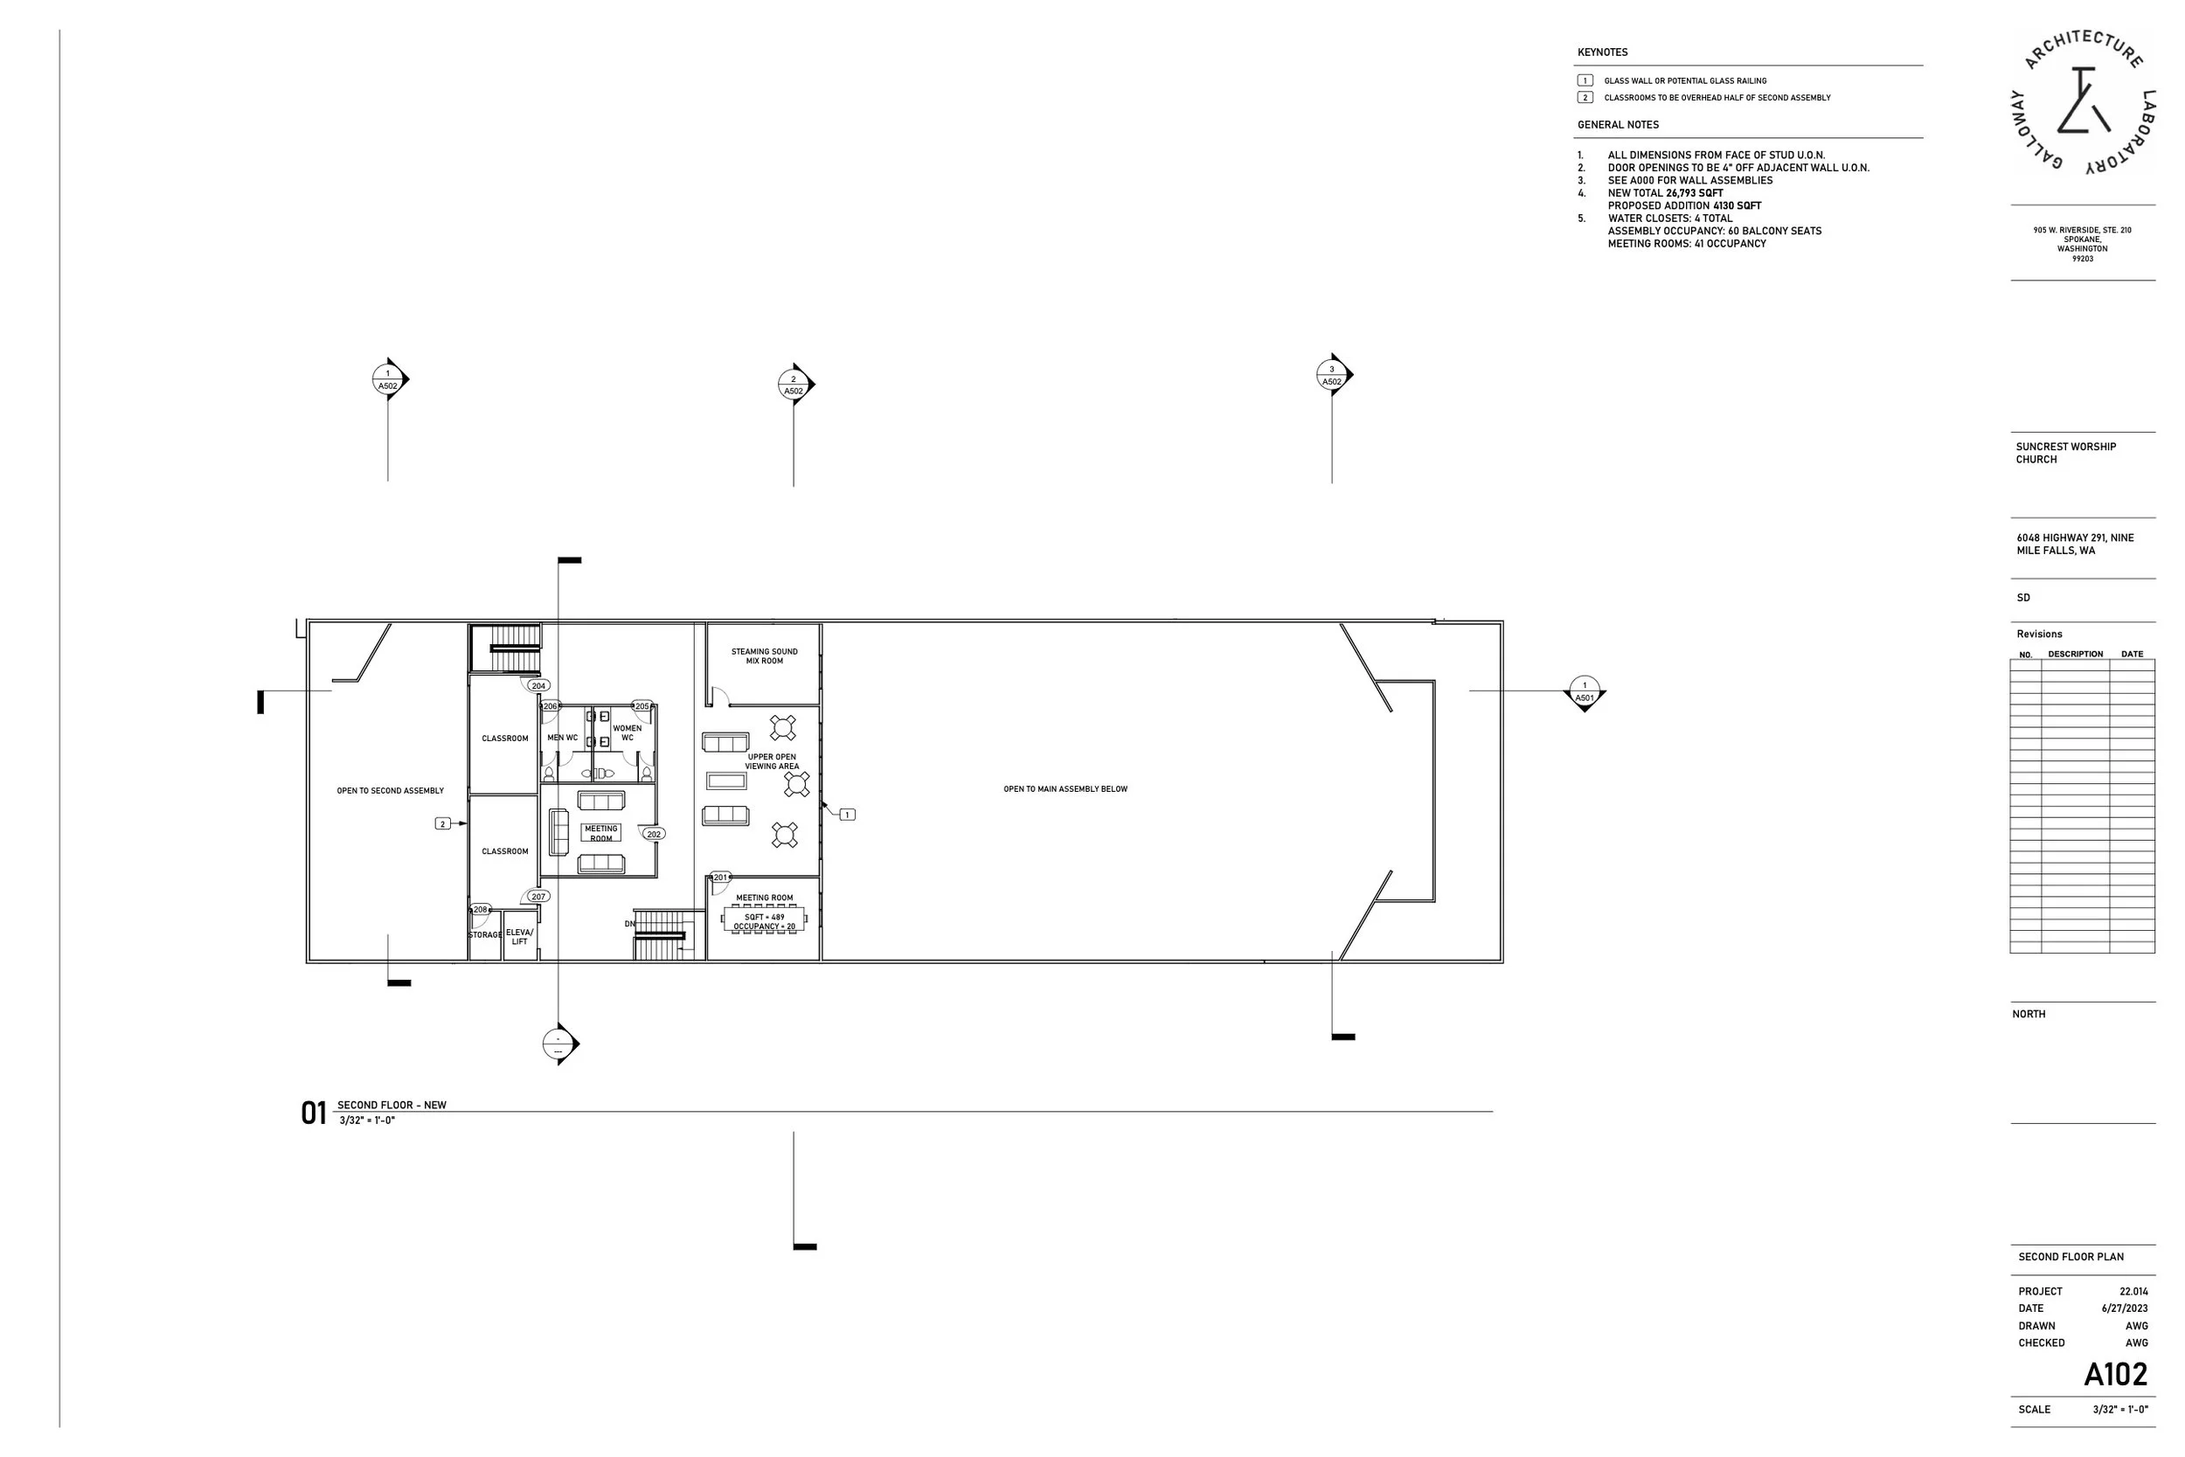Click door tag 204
click(x=538, y=686)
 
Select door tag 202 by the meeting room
click(x=654, y=834)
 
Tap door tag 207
click(x=538, y=897)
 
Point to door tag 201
click(x=721, y=878)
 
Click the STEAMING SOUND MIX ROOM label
click(x=765, y=656)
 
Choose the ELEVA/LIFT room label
click(x=519, y=937)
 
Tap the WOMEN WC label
click(x=627, y=733)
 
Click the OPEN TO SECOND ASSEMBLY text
click(x=390, y=791)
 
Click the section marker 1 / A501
click(x=1585, y=693)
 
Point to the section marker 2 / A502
click(x=794, y=385)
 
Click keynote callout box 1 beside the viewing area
click(x=847, y=815)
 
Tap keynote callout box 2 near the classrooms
click(x=443, y=823)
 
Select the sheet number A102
click(x=2115, y=1374)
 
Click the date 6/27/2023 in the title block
click(x=2125, y=1308)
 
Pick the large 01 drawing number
click(x=314, y=1114)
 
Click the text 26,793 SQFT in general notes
click(x=1695, y=193)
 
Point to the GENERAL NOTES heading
click(x=1619, y=124)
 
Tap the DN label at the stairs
click(x=630, y=924)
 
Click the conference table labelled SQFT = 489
click(x=765, y=921)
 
